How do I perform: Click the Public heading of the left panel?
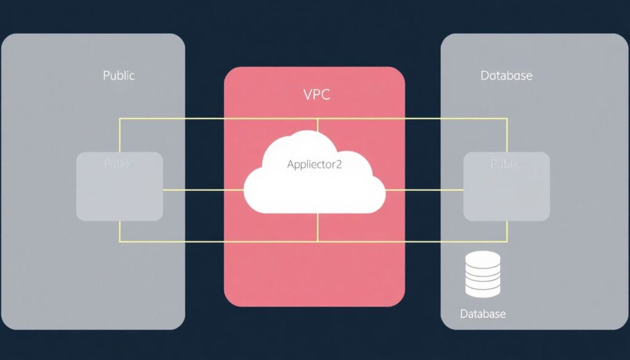[x=119, y=76]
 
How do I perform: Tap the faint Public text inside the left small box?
[x=119, y=164]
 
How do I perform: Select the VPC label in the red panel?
[x=317, y=95]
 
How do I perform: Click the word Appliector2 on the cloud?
[x=314, y=164]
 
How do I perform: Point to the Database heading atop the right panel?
[x=506, y=76]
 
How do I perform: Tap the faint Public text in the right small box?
[x=506, y=164]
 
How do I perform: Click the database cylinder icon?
[x=483, y=273]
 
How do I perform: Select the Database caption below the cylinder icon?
[x=483, y=314]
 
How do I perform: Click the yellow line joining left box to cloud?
[x=203, y=190]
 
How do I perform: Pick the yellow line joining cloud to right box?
[x=425, y=190]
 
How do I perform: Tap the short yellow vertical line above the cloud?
[x=317, y=124]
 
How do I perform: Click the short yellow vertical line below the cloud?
[x=317, y=227]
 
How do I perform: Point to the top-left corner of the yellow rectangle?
[x=120, y=119]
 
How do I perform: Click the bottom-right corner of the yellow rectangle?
[x=507, y=241]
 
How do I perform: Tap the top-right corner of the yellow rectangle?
[x=507, y=119]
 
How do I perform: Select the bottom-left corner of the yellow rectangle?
[x=120, y=241]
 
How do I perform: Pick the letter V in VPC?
[x=308, y=95]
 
